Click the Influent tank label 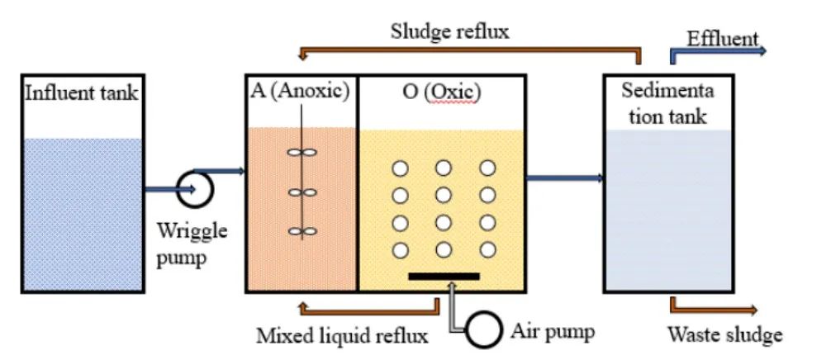[81, 92]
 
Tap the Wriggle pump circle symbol [197, 188]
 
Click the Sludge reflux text [450, 32]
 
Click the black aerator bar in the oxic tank [444, 275]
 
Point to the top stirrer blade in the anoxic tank [302, 153]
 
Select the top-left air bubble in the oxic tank [401, 168]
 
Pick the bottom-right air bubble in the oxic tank [487, 250]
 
